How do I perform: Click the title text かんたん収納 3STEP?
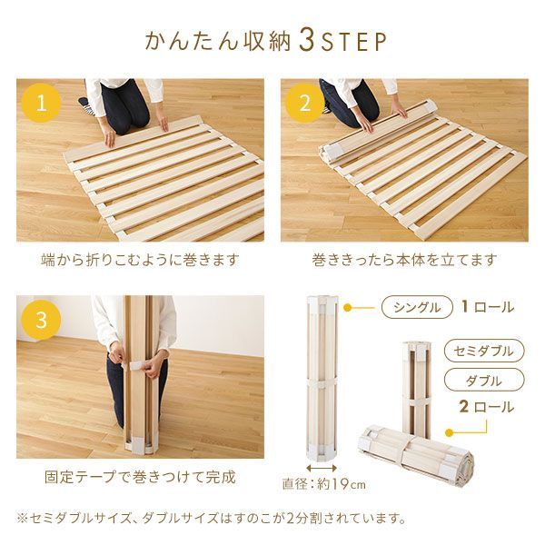pyautogui.click(x=266, y=42)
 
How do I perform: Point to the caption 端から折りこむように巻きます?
pyautogui.click(x=141, y=260)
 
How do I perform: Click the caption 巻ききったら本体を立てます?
pyautogui.click(x=404, y=260)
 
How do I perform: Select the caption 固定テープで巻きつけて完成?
pyautogui.click(x=140, y=476)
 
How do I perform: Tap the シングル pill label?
pyautogui.click(x=417, y=307)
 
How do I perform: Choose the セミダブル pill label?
pyautogui.click(x=484, y=351)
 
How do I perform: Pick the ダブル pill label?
pyautogui.click(x=484, y=380)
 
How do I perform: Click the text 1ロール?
pyautogui.click(x=487, y=307)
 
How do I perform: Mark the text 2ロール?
pyautogui.click(x=487, y=408)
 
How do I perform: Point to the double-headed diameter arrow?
pyautogui.click(x=322, y=466)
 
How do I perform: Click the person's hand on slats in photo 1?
pyautogui.click(x=110, y=137)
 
